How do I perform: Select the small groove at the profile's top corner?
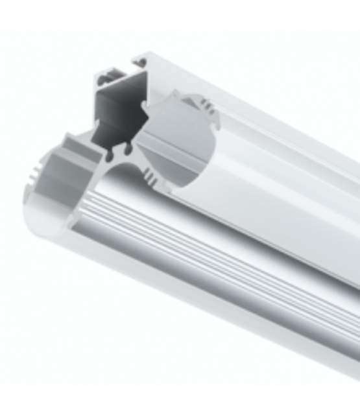point(140,62)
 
